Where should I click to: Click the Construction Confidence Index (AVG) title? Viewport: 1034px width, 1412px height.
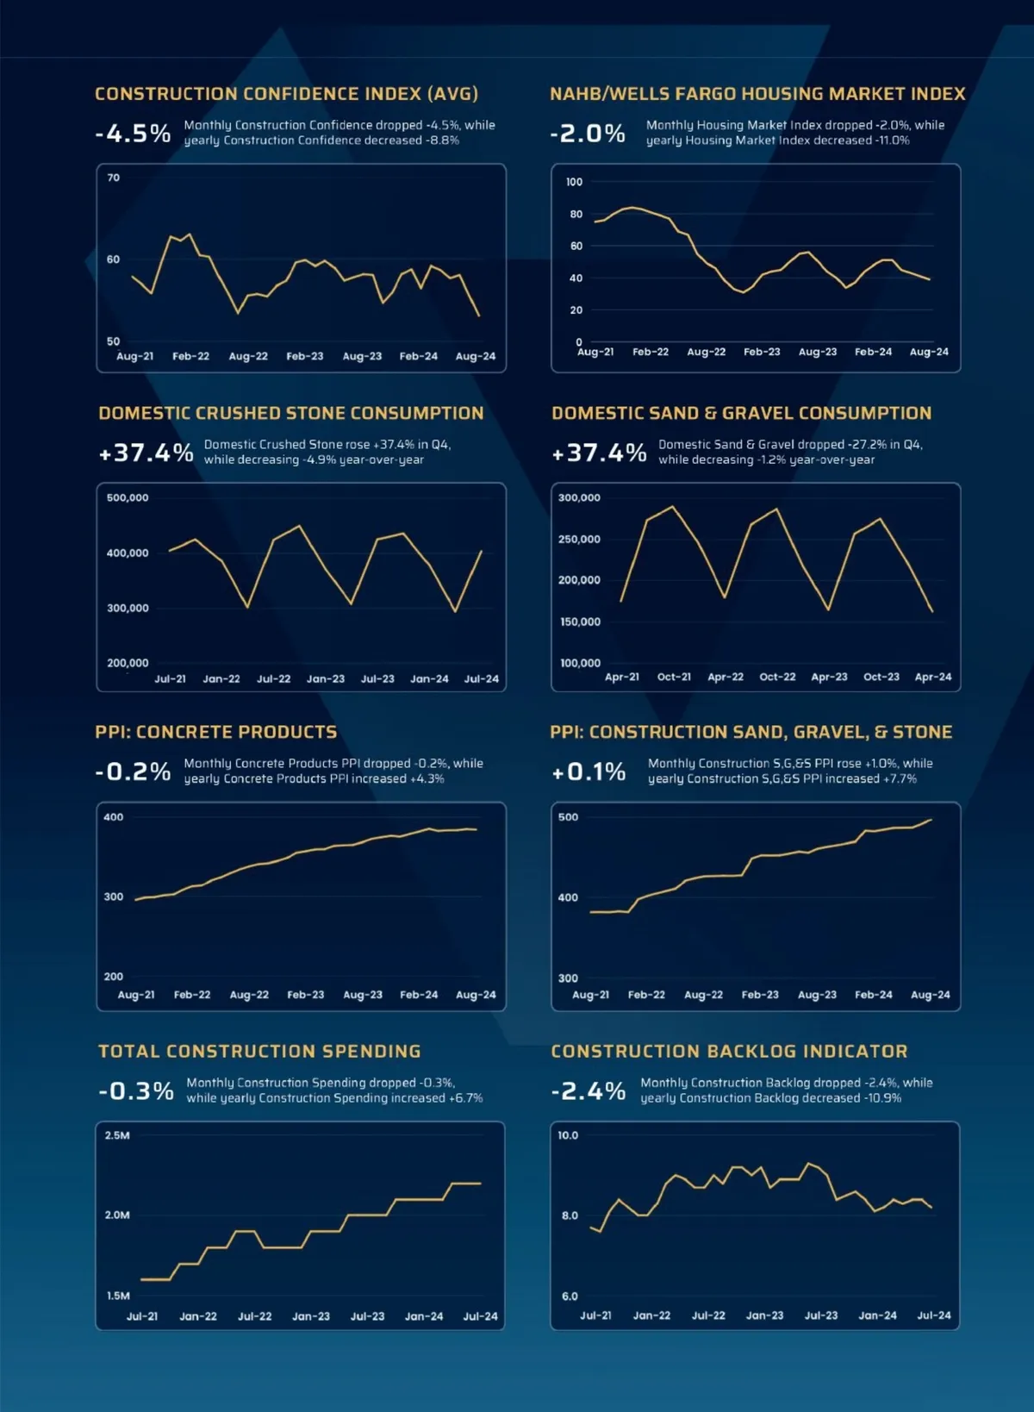(286, 94)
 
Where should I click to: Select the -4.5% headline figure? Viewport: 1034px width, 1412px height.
(133, 134)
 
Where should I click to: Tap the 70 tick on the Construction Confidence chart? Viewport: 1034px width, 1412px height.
(114, 178)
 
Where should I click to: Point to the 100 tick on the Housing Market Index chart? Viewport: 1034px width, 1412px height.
(574, 183)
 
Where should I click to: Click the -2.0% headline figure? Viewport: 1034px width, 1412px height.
(588, 134)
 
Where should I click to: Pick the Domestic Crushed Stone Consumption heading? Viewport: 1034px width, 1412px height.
(291, 413)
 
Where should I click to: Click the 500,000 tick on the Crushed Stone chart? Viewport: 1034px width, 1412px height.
(128, 498)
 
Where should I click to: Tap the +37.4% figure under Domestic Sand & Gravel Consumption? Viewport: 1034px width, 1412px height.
(599, 453)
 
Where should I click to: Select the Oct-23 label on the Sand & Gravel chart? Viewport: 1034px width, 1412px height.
(881, 678)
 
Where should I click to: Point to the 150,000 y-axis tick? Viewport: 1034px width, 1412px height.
(580, 622)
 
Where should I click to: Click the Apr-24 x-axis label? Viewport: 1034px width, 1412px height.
(932, 678)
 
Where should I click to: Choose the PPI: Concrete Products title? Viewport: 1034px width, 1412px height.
(216, 732)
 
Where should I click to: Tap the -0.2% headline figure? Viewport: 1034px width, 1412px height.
(133, 772)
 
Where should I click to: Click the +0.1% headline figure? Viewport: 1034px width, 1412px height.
(589, 772)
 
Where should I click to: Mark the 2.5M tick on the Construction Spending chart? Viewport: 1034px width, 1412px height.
(117, 1136)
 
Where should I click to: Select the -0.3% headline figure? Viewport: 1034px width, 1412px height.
(136, 1091)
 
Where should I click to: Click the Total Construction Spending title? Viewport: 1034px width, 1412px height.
(259, 1052)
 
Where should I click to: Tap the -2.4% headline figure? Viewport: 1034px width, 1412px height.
(589, 1091)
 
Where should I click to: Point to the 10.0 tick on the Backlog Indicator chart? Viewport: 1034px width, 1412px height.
(568, 1136)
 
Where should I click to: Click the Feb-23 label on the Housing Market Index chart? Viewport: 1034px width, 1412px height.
(762, 353)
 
